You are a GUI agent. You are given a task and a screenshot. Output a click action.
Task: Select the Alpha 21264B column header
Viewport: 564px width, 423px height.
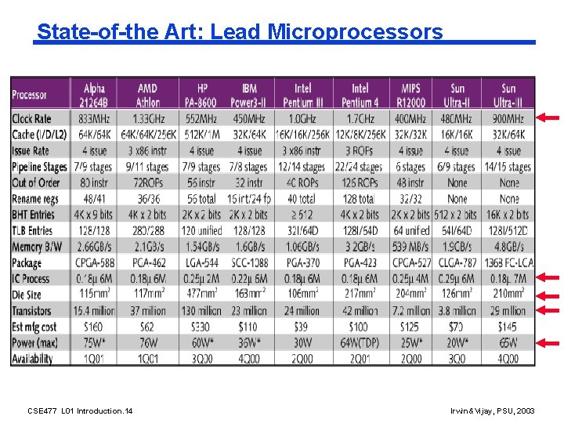[x=94, y=95]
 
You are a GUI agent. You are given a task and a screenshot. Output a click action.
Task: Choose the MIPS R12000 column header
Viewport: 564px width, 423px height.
[x=410, y=95]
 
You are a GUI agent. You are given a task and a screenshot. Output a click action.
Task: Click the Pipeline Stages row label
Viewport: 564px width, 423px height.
[x=39, y=167]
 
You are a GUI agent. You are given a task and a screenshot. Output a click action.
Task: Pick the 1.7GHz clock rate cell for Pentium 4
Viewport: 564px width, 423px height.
[x=360, y=119]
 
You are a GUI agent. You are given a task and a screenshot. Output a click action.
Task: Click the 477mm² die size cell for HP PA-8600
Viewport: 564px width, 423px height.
[x=201, y=295]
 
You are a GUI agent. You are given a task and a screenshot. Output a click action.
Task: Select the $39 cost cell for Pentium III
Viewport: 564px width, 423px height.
[x=302, y=327]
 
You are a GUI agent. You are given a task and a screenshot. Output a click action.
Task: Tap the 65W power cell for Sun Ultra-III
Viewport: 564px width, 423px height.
[x=508, y=342]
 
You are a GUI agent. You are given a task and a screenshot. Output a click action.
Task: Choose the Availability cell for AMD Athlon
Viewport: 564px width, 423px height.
[x=149, y=359]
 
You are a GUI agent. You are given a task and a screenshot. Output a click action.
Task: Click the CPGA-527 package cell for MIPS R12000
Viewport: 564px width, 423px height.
[x=410, y=262]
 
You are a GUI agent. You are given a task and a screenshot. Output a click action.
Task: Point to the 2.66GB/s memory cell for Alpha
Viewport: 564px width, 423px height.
[x=94, y=247]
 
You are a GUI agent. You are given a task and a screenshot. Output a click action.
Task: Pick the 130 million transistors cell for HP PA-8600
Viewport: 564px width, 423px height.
[x=201, y=311]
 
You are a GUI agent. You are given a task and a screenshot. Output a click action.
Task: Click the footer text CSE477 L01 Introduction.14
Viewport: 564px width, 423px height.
[x=80, y=410]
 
